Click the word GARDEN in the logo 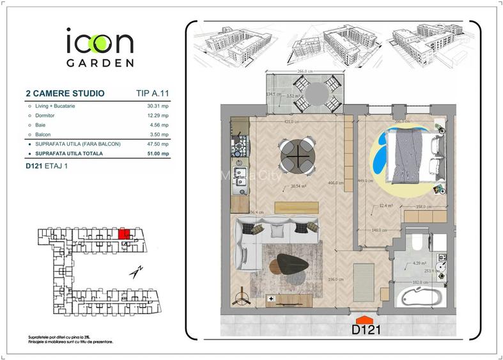point(100,63)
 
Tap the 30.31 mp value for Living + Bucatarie point(157,106)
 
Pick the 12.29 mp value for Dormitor point(157,116)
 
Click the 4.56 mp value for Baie point(159,125)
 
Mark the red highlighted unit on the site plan point(125,234)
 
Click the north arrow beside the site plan point(135,272)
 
